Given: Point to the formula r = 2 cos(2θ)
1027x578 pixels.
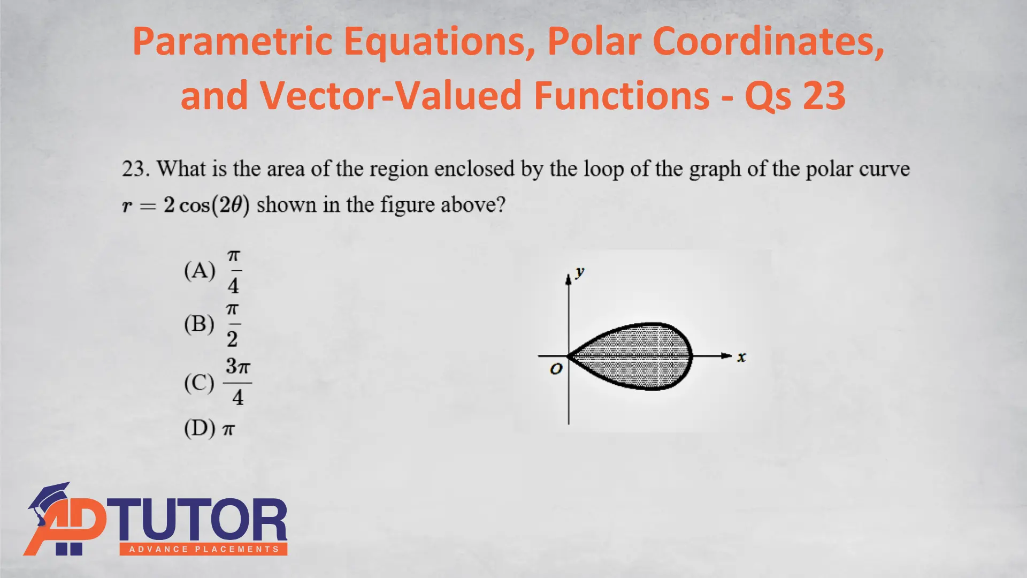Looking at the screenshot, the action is coord(186,205).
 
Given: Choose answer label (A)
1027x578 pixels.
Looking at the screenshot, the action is coord(200,271).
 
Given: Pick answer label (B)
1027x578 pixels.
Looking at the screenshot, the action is coord(199,324).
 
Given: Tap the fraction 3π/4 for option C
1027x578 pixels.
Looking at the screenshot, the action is coord(237,382).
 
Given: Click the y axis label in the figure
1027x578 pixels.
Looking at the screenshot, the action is coord(580,273).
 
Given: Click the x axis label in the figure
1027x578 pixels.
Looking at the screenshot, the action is coord(741,357).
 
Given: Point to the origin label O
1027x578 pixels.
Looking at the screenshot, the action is coord(556,369).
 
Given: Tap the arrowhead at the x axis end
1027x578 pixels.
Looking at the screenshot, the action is coord(726,355).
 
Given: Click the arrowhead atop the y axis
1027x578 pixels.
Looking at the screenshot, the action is coord(569,279).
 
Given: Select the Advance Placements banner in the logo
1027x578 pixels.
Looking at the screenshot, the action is coord(204,549).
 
